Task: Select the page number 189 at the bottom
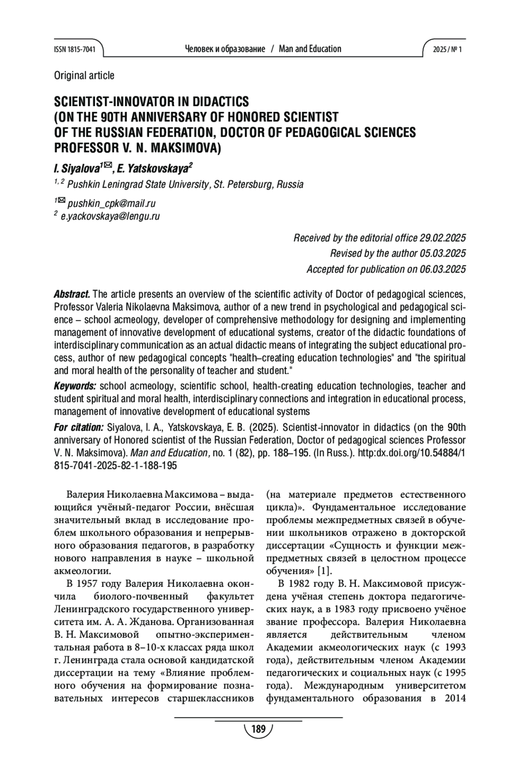(x=259, y=729)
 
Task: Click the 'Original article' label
(x=84, y=75)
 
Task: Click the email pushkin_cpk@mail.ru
(x=111, y=204)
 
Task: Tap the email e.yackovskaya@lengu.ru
(x=110, y=216)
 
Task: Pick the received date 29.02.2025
(x=442, y=238)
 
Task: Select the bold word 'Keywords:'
(x=75, y=386)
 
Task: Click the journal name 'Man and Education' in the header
(x=310, y=49)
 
